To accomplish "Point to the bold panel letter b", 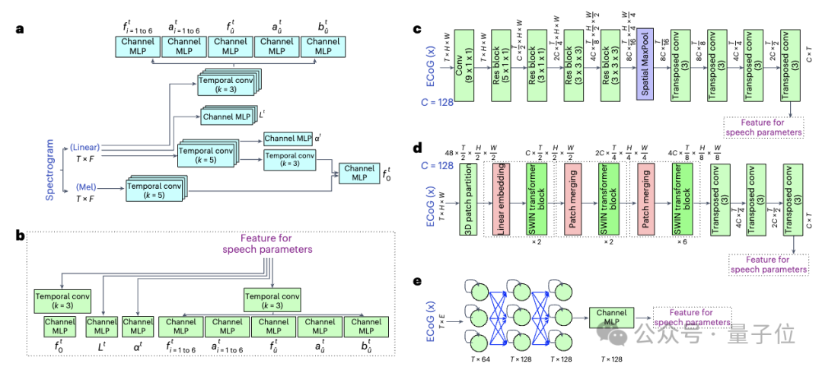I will [21, 235].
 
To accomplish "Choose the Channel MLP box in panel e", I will [610, 318].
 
